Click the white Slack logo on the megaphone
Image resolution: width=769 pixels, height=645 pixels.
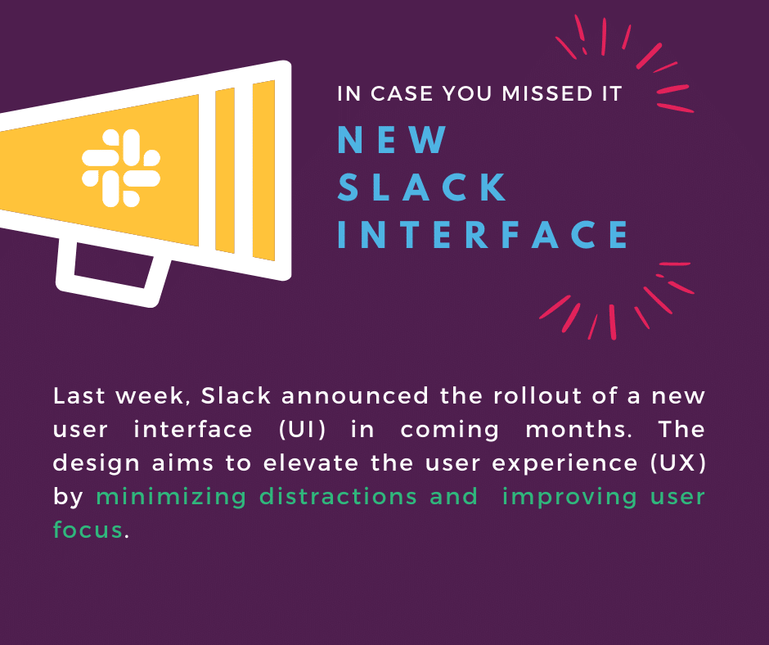tap(121, 168)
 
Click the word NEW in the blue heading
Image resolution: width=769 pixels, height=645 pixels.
tap(392, 140)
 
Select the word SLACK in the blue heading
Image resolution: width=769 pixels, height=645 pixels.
tap(421, 187)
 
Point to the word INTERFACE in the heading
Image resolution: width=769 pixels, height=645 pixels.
tap(483, 234)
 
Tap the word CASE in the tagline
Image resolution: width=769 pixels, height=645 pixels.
tap(402, 94)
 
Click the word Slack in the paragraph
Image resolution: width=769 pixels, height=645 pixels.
tap(236, 395)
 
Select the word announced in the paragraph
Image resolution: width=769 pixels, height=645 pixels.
tap(355, 395)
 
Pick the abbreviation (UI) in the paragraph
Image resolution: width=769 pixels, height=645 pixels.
tap(302, 430)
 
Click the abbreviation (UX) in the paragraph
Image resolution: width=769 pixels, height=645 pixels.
tap(678, 463)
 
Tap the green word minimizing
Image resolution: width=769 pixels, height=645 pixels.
tap(171, 497)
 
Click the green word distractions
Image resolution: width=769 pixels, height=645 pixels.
tap(339, 496)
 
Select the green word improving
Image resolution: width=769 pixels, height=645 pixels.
tap(569, 497)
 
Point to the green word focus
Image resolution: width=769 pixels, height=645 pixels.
tap(88, 530)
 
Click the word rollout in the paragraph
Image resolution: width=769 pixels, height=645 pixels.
tap(537, 395)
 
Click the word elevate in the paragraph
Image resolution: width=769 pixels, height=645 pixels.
tap(311, 463)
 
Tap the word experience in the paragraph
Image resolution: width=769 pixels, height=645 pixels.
tap(564, 464)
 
